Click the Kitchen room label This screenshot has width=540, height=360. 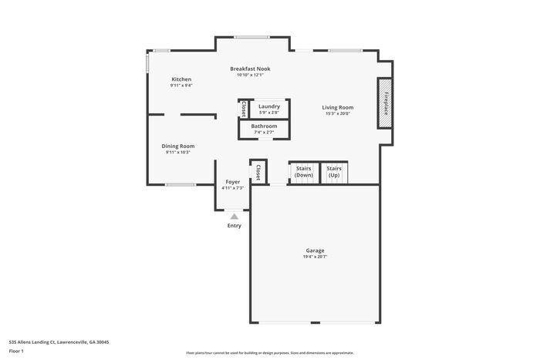tap(181, 79)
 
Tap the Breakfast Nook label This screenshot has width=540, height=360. tap(250, 69)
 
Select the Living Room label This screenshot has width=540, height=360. tap(337, 107)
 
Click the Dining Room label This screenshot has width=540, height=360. tap(177, 146)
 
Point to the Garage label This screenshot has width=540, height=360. tap(315, 251)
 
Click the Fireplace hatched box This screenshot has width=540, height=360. tap(386, 103)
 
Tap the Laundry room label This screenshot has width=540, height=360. tap(269, 106)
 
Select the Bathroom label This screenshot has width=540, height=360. tap(264, 126)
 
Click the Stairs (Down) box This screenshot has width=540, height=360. tap(304, 173)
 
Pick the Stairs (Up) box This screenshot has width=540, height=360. tap(334, 173)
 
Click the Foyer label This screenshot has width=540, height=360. tap(232, 182)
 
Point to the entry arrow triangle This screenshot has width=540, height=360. tap(234, 217)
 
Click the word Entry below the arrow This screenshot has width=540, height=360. tap(234, 226)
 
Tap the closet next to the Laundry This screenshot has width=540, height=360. tap(244, 108)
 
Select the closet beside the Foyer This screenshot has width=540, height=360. tap(258, 172)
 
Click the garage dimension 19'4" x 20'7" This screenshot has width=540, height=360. tap(315, 257)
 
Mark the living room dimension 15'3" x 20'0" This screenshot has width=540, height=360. tap(337, 113)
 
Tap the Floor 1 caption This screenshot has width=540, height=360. tap(16, 352)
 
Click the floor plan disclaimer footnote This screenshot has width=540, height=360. tap(269, 352)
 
